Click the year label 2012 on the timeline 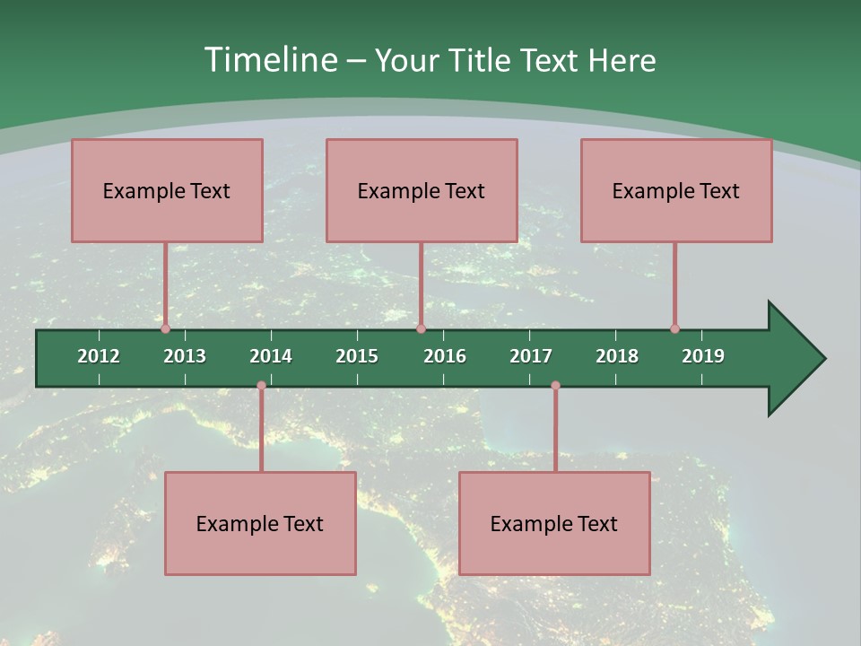tap(99, 356)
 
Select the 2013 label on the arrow tap(185, 356)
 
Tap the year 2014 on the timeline tap(271, 356)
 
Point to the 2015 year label tap(357, 356)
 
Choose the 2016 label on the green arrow tap(445, 356)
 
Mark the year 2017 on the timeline tap(531, 356)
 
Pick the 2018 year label tap(617, 356)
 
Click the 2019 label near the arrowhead tap(703, 356)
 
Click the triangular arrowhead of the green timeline tap(795, 359)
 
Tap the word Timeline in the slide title tap(269, 60)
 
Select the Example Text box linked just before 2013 tap(167, 190)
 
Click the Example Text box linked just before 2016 tap(422, 190)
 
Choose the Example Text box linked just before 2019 tap(676, 190)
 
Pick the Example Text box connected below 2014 tap(260, 523)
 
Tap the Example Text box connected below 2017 tap(554, 523)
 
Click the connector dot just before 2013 tap(165, 328)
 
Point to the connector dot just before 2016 tap(421, 328)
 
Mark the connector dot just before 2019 tap(674, 328)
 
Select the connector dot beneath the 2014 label tap(261, 386)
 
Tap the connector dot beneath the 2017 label tap(555, 386)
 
